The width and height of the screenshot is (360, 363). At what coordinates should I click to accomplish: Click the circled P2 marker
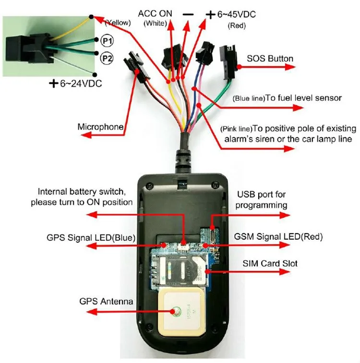[x=107, y=58]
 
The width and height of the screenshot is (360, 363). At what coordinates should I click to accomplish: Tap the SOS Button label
[x=270, y=59]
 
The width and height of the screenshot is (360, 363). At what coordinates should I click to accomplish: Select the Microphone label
[x=100, y=127]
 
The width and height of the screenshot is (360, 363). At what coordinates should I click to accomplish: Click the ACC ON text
[x=155, y=13]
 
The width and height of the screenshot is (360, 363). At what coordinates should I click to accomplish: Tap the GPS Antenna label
[x=106, y=302]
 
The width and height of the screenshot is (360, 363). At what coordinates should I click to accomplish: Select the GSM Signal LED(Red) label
[x=278, y=237]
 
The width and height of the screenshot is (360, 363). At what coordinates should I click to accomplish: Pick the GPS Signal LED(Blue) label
[x=91, y=237]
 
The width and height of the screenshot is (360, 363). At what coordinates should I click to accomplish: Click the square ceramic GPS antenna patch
[x=178, y=312]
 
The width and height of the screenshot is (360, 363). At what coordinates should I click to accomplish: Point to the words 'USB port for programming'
[x=262, y=200]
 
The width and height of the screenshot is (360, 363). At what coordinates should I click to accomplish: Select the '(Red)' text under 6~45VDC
[x=237, y=25]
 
